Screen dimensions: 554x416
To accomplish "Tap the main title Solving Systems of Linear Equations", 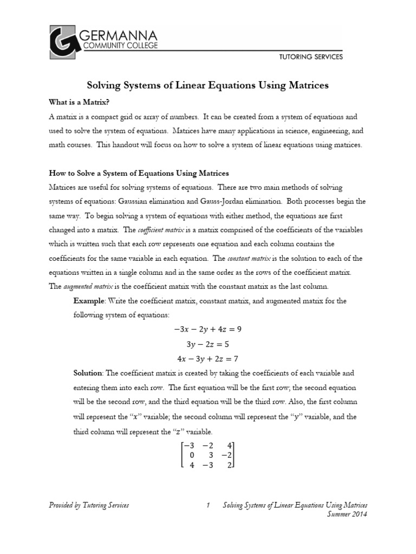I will [x=208, y=85].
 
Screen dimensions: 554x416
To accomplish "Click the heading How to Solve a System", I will [x=139, y=173].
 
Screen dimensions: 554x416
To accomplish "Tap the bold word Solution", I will [x=88, y=373].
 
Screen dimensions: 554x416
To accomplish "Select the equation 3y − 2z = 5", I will [x=208, y=344].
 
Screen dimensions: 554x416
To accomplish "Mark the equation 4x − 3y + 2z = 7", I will [x=208, y=358].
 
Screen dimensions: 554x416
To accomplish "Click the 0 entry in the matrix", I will [x=191, y=455].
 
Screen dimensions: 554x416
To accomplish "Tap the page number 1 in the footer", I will [x=208, y=505].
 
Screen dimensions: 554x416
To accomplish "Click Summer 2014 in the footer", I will [x=348, y=515].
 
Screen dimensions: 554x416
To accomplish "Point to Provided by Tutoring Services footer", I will [x=89, y=505].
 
